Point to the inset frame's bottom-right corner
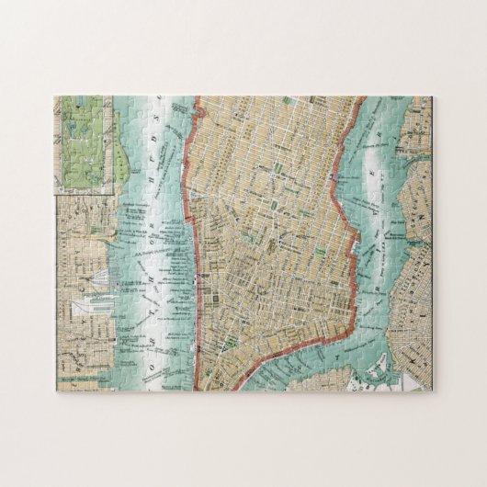click(114, 191)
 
